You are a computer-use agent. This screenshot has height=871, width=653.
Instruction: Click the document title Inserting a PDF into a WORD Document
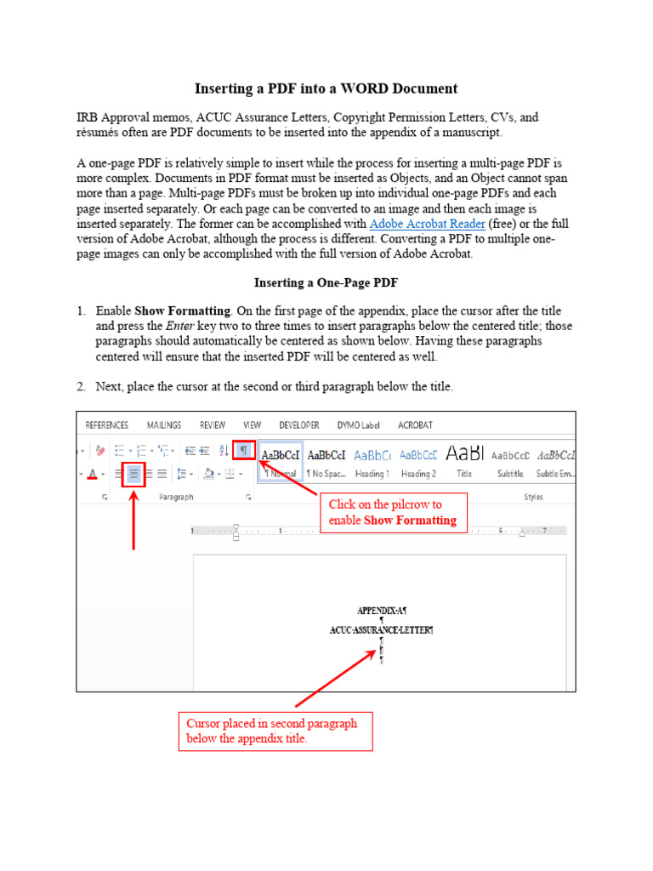[x=326, y=88]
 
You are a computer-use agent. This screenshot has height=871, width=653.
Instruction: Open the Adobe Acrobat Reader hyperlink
[x=427, y=224]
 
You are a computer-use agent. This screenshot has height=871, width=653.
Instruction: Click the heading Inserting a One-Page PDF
[x=326, y=282]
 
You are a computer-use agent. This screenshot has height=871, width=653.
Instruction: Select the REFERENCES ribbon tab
[x=106, y=425]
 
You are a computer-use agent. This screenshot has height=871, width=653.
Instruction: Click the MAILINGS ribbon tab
[x=164, y=425]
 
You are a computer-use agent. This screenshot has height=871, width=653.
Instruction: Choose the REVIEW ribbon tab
[x=213, y=425]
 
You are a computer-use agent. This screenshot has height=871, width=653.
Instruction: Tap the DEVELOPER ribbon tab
[x=299, y=425]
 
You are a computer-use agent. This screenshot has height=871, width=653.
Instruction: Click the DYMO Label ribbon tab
[x=359, y=425]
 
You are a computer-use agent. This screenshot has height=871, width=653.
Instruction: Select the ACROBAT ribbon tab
[x=415, y=425]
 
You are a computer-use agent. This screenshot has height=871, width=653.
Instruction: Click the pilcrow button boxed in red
[x=243, y=451]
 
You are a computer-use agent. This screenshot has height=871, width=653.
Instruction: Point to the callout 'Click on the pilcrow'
[x=393, y=512]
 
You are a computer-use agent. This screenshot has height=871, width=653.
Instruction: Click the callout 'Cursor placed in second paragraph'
[x=275, y=731]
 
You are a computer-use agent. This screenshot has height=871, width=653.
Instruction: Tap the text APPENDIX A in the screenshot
[x=382, y=611]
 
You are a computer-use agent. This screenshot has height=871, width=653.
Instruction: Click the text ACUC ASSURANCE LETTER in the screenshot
[x=381, y=630]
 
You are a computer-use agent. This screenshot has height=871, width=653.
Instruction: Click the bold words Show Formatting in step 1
[x=183, y=311]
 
